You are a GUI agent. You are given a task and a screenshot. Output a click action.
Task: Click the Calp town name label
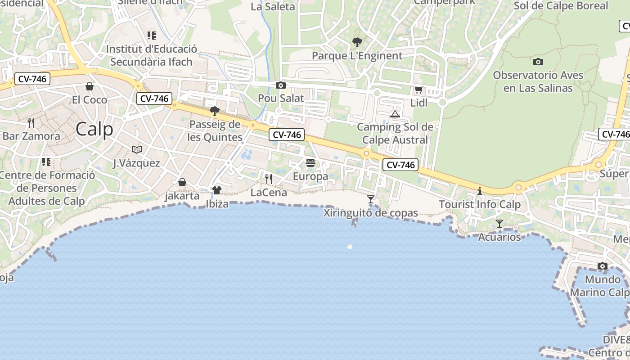(94, 130)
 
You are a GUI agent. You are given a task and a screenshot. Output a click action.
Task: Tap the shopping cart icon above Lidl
(419, 90)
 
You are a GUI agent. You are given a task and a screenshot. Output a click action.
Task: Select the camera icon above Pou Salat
(281, 85)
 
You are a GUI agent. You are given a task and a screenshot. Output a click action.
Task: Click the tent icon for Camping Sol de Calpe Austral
(395, 114)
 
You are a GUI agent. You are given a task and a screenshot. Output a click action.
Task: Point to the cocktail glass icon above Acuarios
(499, 224)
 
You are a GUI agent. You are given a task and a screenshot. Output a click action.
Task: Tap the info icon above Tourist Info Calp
(480, 191)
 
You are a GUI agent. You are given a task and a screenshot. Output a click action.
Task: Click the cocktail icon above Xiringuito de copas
(371, 199)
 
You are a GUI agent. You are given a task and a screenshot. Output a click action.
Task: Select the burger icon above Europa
(310, 163)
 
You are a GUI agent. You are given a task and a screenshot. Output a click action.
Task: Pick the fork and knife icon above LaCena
(269, 179)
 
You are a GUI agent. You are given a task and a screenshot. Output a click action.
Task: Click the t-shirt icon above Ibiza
(217, 190)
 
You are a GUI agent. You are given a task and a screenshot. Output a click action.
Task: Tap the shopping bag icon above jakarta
(182, 182)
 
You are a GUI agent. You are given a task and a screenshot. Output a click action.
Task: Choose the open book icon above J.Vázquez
(137, 149)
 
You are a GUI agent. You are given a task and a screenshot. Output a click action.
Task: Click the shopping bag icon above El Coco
(90, 86)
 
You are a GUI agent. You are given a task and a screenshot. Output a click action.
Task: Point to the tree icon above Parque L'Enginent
(357, 42)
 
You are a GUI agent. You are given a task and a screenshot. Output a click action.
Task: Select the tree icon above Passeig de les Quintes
(215, 111)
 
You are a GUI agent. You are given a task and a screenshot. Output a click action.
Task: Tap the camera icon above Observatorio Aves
(538, 62)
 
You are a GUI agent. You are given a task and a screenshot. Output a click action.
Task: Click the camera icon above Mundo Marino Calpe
(603, 266)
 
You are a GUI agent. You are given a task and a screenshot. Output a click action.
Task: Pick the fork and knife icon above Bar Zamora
(31, 122)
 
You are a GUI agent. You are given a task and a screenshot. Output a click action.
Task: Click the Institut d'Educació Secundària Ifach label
(151, 55)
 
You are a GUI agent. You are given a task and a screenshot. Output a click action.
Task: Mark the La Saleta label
(273, 7)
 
